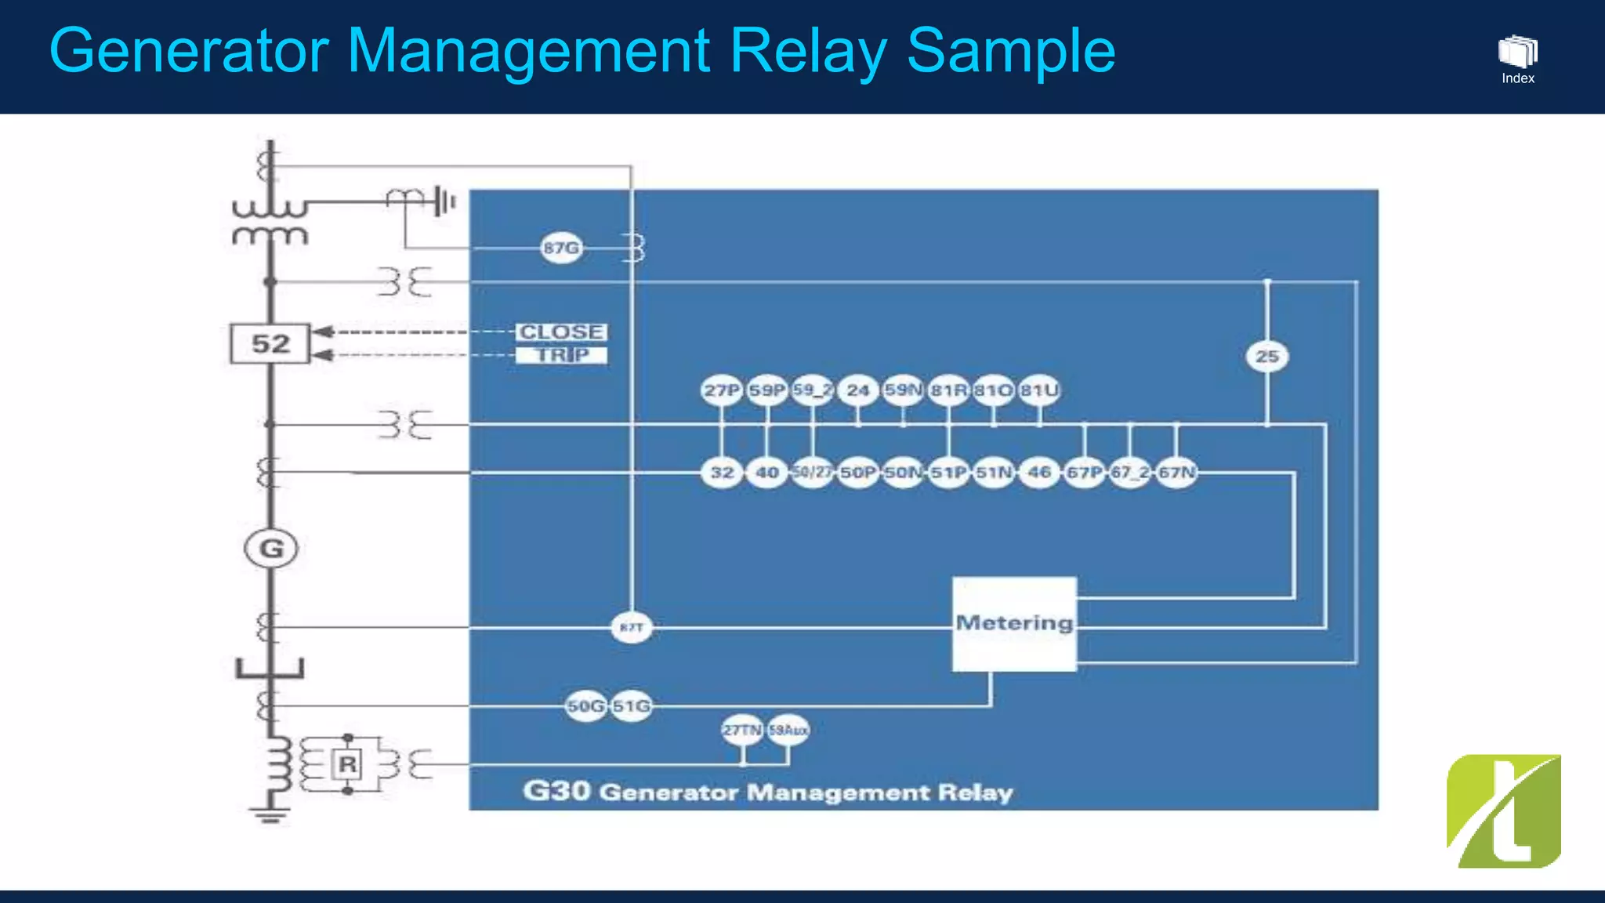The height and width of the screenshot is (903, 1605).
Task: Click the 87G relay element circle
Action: tap(561, 248)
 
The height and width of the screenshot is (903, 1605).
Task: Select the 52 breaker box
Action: tap(270, 343)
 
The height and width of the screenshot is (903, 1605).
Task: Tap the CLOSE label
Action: tap(561, 332)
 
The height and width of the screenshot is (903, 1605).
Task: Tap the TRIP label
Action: tap(561, 355)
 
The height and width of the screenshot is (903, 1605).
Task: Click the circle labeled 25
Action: tap(1267, 357)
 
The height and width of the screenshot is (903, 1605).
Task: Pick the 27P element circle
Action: tap(721, 390)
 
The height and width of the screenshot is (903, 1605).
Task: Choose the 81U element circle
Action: tap(1039, 390)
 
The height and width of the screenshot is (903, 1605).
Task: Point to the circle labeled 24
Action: tap(857, 390)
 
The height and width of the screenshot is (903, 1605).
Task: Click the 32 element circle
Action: tap(722, 472)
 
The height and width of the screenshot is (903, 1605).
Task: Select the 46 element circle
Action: tap(1039, 472)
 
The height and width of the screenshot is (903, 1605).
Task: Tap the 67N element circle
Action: tap(1176, 472)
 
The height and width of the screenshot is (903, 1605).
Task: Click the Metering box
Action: tap(1014, 624)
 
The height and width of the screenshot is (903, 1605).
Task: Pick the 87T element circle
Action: tap(631, 627)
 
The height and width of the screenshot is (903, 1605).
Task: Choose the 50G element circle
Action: tap(585, 706)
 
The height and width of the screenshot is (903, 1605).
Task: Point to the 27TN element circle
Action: tap(741, 730)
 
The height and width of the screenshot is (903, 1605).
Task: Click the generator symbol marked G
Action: tap(271, 548)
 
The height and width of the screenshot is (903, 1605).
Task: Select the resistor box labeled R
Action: tap(347, 764)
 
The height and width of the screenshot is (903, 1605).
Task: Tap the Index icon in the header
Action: tap(1517, 58)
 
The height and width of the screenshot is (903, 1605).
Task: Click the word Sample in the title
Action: tap(1011, 51)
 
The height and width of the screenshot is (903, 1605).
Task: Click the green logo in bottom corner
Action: tap(1503, 811)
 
